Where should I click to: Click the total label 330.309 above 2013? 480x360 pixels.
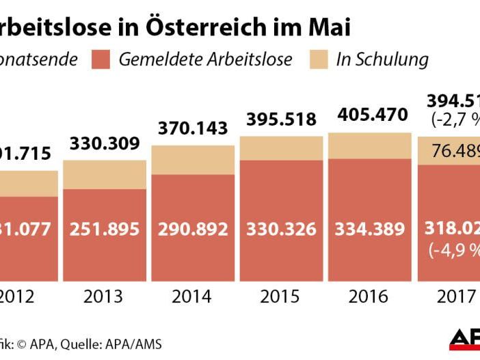tap(105, 144)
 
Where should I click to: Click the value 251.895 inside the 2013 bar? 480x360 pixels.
tap(105, 228)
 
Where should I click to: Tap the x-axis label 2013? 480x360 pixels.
tap(104, 296)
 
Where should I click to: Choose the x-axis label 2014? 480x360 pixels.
tap(193, 296)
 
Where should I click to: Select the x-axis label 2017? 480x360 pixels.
tap(455, 296)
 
